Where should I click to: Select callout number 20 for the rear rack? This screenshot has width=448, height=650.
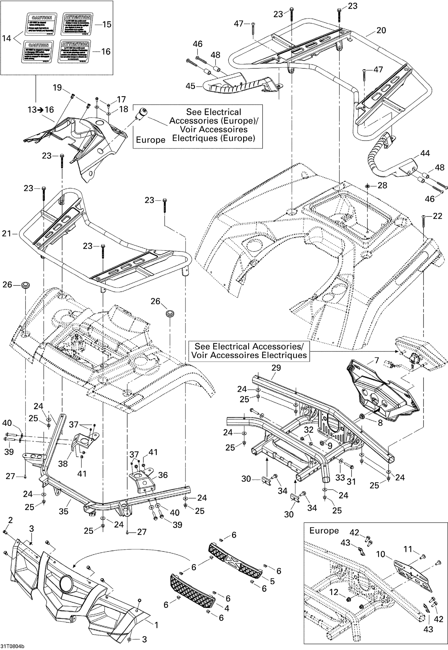tap(381, 30)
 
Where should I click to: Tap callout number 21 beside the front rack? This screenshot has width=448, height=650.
tap(7, 233)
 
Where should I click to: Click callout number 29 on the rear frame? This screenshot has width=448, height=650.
tap(276, 368)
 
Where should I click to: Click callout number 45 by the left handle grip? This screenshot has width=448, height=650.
tap(190, 86)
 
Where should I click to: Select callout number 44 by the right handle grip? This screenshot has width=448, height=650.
tap(425, 153)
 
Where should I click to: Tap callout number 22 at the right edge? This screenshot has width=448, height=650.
tap(437, 216)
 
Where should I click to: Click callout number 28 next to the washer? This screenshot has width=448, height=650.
tap(382, 185)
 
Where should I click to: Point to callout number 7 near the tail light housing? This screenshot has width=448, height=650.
tap(377, 360)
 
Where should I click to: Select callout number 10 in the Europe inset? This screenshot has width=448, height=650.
tap(381, 554)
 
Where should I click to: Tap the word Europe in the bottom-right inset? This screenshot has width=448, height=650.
tap(324, 531)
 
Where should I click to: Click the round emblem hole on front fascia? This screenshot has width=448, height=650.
tap(67, 582)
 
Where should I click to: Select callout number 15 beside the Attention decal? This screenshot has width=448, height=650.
tap(107, 24)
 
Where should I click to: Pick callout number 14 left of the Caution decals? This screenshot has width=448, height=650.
tap(7, 38)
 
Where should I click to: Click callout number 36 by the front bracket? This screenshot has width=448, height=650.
tap(162, 475)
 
